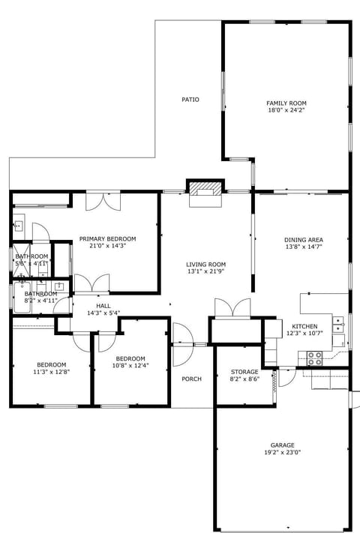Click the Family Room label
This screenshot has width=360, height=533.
point(286,103)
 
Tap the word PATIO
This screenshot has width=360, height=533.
point(190,100)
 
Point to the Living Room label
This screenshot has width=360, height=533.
point(206,264)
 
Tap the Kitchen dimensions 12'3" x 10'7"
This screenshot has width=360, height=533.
point(304,334)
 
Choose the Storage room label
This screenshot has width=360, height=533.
point(244,372)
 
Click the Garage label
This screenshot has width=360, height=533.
point(282,445)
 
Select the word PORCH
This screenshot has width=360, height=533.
point(192,379)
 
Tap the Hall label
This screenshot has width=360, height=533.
point(103,306)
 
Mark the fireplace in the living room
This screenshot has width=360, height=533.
point(205,192)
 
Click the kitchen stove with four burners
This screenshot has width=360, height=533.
point(314,358)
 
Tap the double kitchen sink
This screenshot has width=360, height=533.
point(339,324)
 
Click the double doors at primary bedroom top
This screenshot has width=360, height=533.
point(102,201)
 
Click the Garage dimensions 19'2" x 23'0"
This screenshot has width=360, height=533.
point(282,453)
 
